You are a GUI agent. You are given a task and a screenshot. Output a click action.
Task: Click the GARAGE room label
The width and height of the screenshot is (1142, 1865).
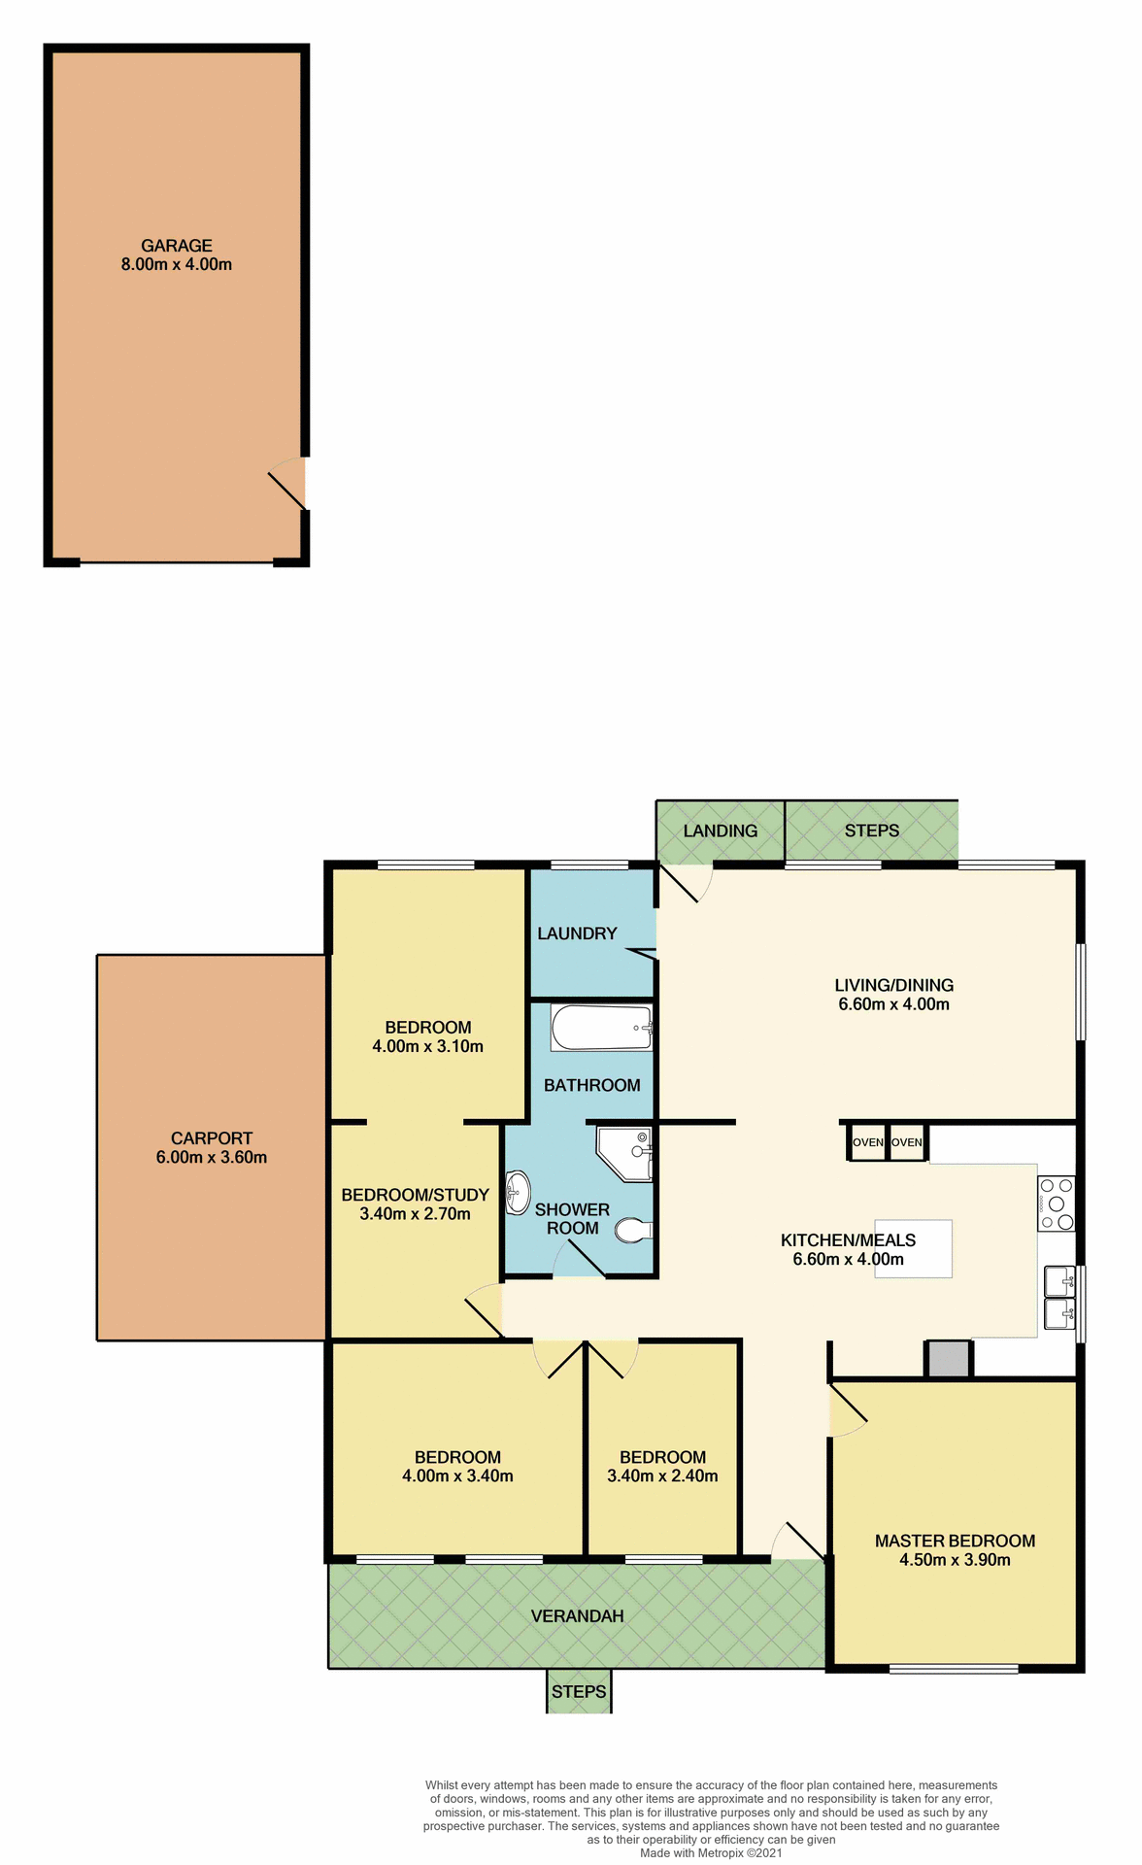coord(176,246)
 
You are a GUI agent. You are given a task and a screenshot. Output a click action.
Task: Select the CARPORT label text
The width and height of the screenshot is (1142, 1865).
coord(211,1137)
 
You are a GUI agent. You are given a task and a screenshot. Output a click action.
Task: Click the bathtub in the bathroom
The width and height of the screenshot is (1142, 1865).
coord(601,1028)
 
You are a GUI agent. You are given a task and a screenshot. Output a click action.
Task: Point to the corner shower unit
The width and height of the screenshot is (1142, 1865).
coord(625,1153)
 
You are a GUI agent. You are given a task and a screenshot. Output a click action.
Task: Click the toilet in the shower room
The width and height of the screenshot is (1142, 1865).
coord(633,1231)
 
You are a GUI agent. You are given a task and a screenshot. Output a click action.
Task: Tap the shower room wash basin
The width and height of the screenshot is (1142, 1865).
coord(518,1193)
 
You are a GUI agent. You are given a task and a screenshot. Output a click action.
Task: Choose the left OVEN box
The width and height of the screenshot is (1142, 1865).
coord(867,1142)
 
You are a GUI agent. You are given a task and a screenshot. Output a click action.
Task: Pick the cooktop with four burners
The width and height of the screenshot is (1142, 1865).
coord(1056,1204)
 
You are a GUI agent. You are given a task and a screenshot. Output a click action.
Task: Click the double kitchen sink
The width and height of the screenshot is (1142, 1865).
coord(1059,1298)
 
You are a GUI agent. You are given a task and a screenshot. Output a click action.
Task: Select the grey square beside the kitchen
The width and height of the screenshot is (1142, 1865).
coord(948,1358)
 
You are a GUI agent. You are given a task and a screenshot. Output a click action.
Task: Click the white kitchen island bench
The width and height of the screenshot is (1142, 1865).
coord(913,1248)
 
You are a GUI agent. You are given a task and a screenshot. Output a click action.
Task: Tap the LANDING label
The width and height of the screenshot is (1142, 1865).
coord(720,831)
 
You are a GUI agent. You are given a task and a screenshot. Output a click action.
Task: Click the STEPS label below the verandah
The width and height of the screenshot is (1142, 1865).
coord(579,1691)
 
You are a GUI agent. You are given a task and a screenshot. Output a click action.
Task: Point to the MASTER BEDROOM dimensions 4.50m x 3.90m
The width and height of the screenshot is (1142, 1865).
coord(955,1560)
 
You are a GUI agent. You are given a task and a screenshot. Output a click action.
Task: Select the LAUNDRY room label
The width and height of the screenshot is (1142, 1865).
coord(577,933)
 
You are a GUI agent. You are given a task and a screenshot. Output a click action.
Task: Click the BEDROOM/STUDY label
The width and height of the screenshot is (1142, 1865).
coord(415,1195)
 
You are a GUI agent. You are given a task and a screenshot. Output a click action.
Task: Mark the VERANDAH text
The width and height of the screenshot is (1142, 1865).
coord(577,1615)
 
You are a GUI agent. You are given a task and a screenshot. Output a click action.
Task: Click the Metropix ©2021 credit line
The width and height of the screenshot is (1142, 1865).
coord(711,1852)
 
